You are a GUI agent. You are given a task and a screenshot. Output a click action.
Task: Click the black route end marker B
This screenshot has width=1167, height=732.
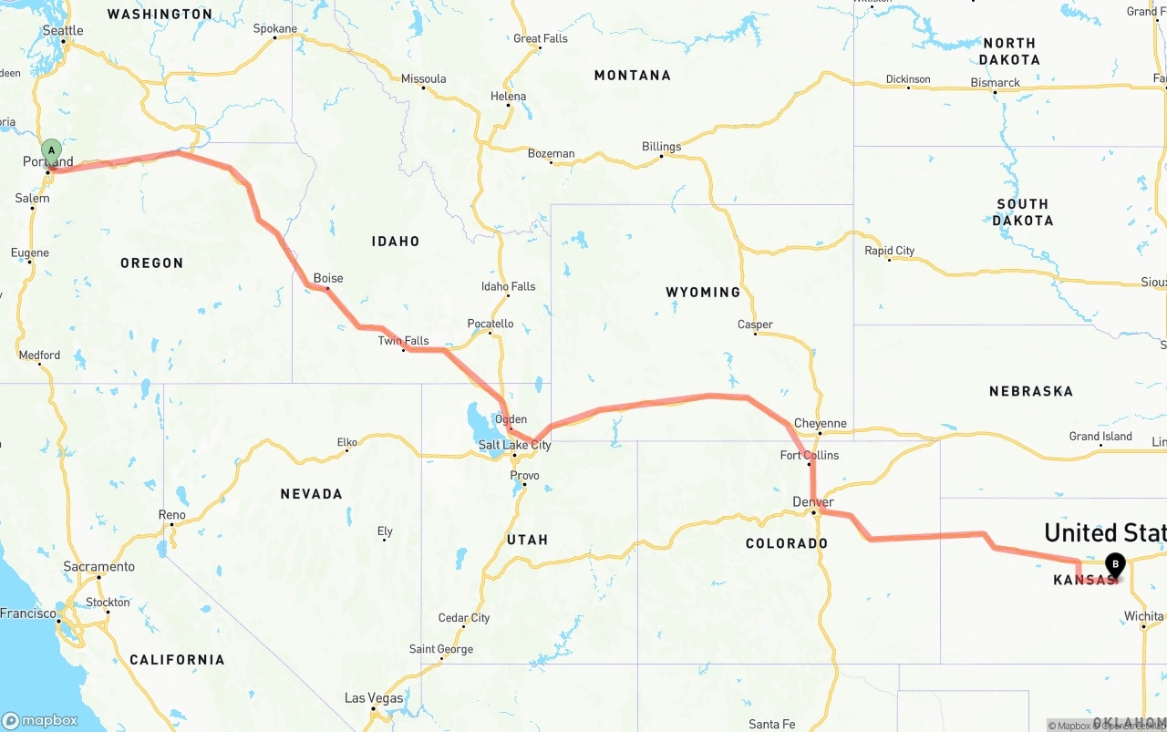[1115, 564]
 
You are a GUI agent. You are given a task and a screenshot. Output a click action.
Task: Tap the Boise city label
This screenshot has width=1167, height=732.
[328, 278]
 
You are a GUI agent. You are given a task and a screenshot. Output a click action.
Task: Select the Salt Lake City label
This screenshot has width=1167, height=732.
[514, 445]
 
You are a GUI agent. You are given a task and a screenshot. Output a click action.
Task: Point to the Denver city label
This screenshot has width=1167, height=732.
[813, 502]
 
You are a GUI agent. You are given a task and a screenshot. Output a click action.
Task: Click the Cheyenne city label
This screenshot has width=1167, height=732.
[821, 424]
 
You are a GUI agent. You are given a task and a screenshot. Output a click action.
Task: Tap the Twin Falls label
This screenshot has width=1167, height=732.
[404, 341]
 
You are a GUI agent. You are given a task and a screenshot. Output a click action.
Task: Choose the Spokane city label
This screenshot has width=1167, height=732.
[275, 29]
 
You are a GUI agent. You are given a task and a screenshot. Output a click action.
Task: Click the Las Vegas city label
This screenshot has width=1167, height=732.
[374, 698]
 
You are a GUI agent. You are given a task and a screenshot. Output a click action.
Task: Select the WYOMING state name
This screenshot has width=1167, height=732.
[703, 293]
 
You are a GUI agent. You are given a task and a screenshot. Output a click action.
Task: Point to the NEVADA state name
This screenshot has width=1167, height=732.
[312, 494]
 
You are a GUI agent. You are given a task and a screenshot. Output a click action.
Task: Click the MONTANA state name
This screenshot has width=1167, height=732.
[633, 76]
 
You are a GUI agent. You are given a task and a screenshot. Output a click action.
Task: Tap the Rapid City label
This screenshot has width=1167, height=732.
[890, 251]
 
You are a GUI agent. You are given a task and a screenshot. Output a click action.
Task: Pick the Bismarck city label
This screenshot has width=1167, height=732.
[995, 83]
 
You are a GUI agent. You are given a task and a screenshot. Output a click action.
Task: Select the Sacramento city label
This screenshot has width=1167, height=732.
[99, 567]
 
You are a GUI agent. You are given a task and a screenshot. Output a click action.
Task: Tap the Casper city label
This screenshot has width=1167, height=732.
[755, 325]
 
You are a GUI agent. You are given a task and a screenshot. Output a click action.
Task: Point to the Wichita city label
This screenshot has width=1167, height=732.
[1143, 616]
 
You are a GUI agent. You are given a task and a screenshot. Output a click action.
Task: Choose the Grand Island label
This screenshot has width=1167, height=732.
[1100, 437]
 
